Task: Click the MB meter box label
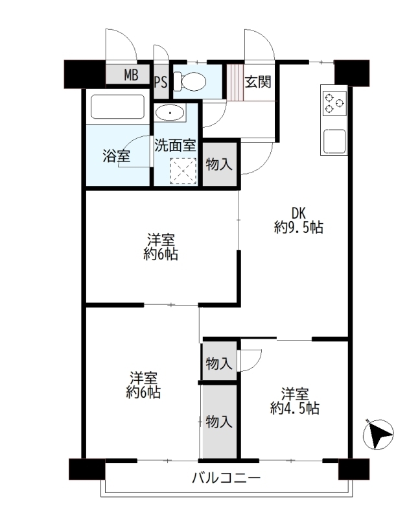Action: coord(131,75)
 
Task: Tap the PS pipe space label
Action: coord(161,82)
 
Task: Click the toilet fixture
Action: coord(190,82)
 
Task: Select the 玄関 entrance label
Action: coord(258,82)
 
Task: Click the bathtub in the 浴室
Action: coord(118,107)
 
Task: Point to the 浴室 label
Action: coord(117,156)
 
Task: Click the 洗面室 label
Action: coord(175,145)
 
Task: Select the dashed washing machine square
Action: coord(183,171)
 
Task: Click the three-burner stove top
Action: coord(334,103)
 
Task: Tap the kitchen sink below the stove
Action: coord(334,141)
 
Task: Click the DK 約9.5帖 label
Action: coord(298,221)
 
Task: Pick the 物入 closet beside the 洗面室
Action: coord(220,164)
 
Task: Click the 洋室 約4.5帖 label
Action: coord(295,401)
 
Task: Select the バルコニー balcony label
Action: coord(227,478)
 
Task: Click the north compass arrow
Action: coord(379,434)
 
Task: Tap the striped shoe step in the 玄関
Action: coord(235,82)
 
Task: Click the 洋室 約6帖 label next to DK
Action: coord(161,247)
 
